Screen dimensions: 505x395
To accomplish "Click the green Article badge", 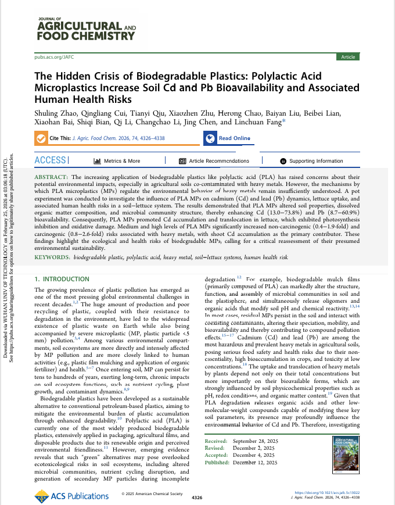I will coord(348,57).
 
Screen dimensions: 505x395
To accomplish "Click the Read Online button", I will coord(228,138).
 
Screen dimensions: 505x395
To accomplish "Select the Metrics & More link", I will coord(117,161).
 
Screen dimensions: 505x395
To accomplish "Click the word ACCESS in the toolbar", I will coord(51,160).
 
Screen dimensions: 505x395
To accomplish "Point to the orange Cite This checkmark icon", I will coord(41,138).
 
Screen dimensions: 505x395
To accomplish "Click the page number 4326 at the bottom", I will coord(197,497).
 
